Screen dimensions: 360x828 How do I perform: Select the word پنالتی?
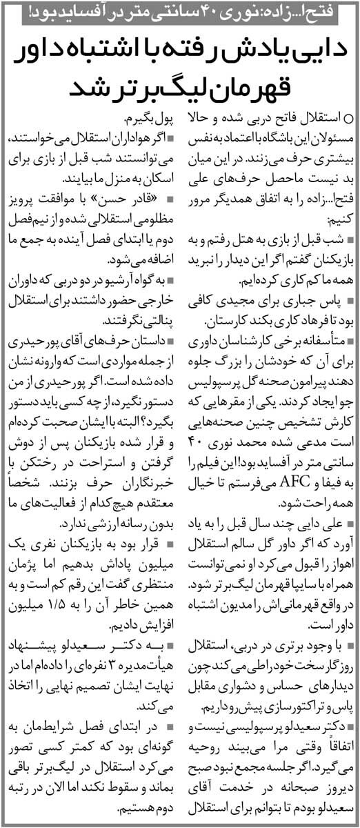(x=155, y=320)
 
